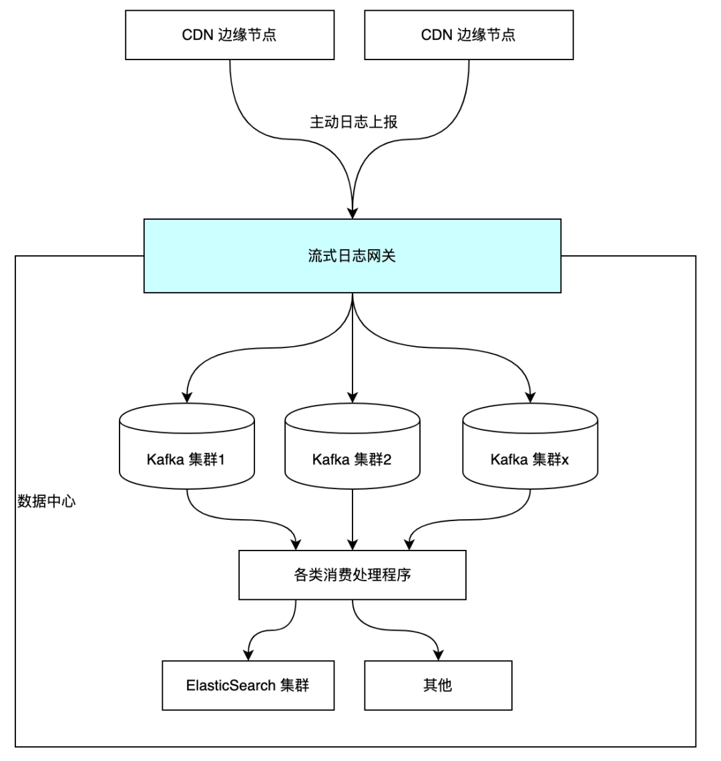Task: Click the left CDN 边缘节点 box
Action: tap(229, 35)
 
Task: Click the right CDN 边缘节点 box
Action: tap(468, 35)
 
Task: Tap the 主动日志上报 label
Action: tap(354, 122)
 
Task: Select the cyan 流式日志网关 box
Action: tap(352, 256)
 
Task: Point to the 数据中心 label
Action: tap(46, 502)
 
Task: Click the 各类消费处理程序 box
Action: tap(352, 575)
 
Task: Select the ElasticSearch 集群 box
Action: tap(248, 685)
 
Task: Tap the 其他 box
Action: tap(437, 685)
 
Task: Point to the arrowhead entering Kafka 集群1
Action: tap(187, 398)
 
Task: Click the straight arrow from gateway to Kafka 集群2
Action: tap(352, 347)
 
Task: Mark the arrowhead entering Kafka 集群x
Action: tap(530, 398)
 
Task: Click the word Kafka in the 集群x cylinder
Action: tap(508, 460)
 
